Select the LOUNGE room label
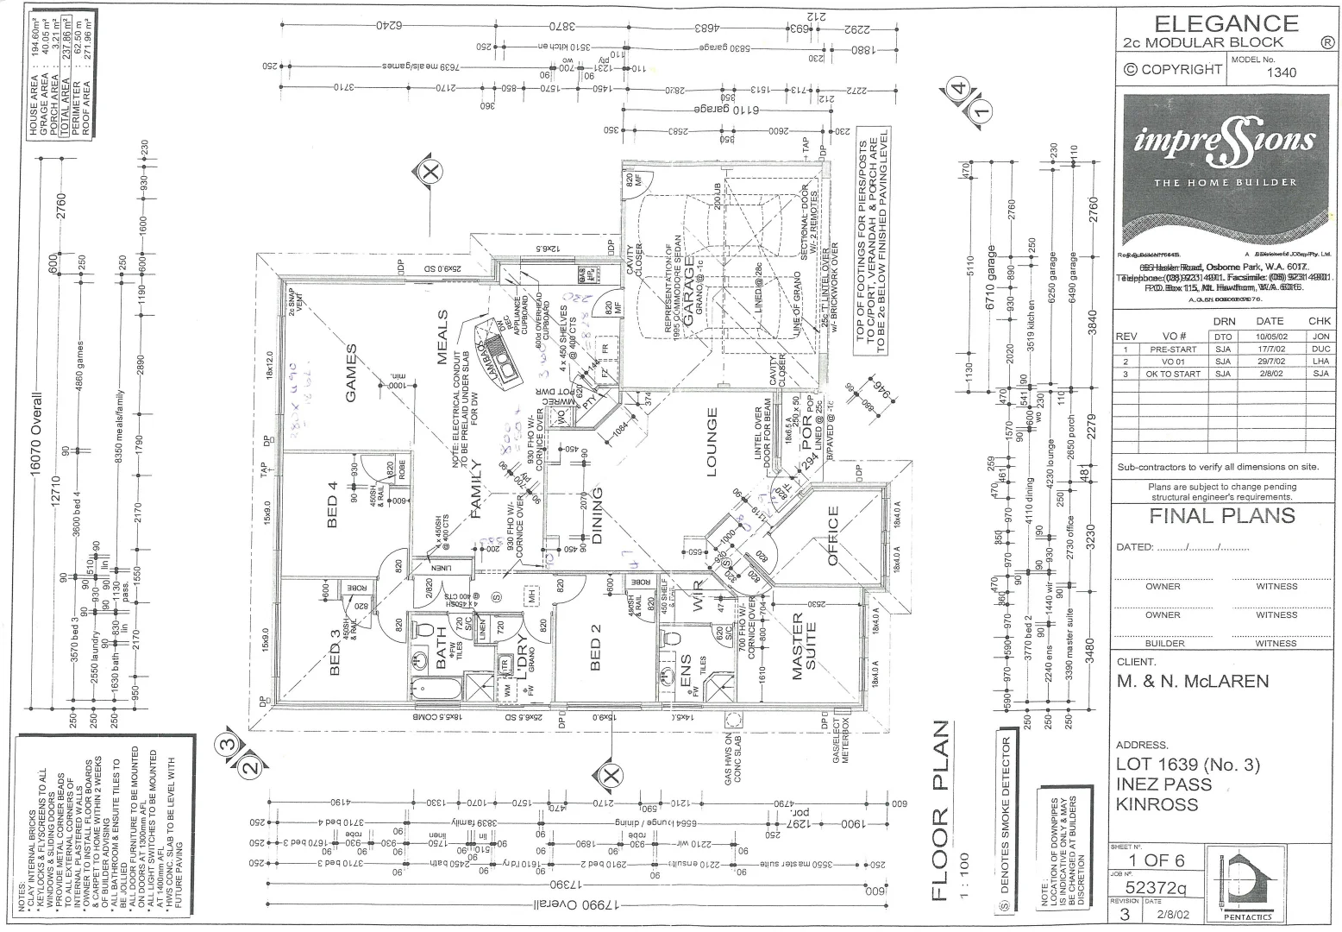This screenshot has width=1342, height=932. [x=712, y=442]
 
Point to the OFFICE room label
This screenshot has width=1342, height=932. [x=833, y=536]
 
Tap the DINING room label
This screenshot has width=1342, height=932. [x=598, y=516]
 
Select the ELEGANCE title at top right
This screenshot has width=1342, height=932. [x=1226, y=23]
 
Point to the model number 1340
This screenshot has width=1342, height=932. [x=1281, y=72]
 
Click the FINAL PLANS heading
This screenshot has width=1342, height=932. [x=1222, y=516]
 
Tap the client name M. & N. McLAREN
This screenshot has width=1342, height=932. [x=1193, y=682]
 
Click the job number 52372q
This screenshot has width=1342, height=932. [x=1157, y=887]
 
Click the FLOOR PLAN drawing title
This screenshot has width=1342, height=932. [x=941, y=811]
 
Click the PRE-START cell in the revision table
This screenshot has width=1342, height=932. [x=1173, y=349]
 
